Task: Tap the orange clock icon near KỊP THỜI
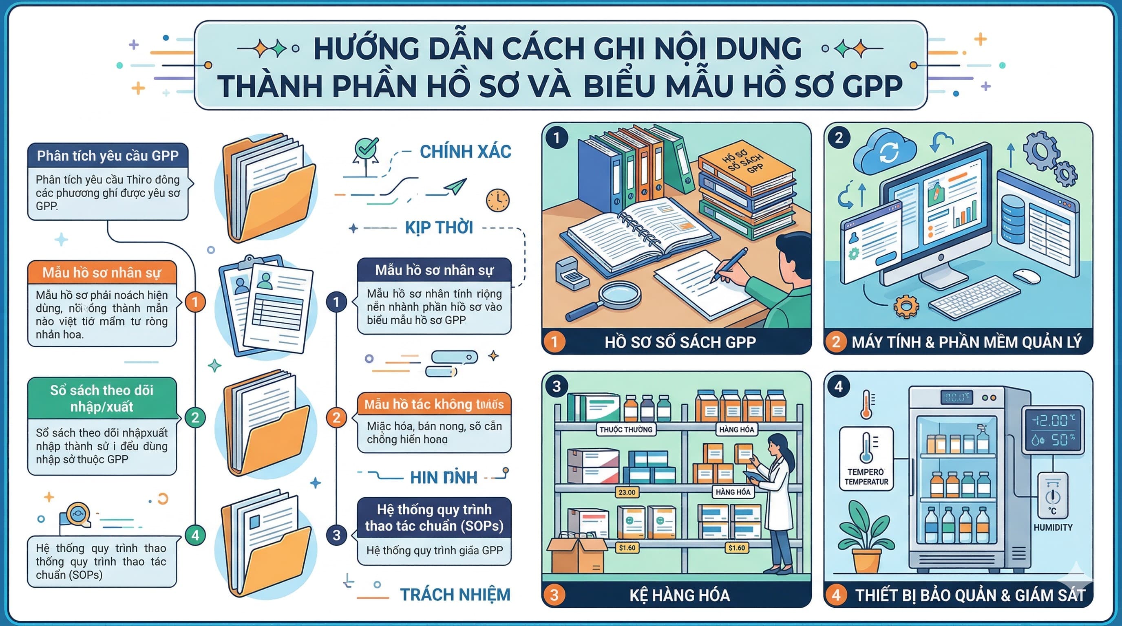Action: (497, 201)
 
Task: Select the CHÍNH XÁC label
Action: (465, 152)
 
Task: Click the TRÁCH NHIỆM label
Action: (455, 595)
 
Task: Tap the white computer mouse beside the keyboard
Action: (1027, 276)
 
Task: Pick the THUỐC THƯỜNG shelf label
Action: (626, 430)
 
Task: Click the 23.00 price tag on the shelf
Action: (627, 492)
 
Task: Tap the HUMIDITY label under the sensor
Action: (1053, 528)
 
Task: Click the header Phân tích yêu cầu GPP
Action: (108, 156)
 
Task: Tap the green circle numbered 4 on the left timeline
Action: (195, 536)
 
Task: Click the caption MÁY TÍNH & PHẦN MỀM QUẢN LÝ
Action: (967, 342)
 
